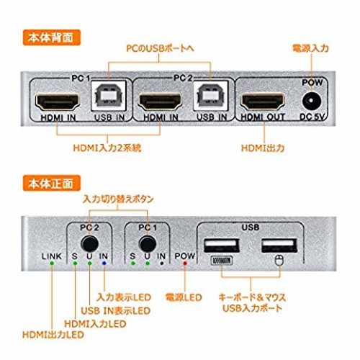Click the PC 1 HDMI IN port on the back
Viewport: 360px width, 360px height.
pyautogui.click(x=58, y=102)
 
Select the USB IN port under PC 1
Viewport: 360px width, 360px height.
pyautogui.click(x=109, y=96)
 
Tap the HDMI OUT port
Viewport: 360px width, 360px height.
pyautogui.click(x=264, y=102)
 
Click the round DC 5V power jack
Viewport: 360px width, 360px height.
pyautogui.click(x=312, y=101)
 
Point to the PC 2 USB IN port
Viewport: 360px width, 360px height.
pyautogui.click(x=210, y=96)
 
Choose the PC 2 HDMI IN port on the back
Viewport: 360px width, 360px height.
pyautogui.click(x=160, y=102)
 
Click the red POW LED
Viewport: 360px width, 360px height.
pyautogui.click(x=185, y=264)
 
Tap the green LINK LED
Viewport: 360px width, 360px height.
pyautogui.click(x=52, y=264)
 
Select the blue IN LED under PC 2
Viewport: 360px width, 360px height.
pyautogui.click(x=104, y=264)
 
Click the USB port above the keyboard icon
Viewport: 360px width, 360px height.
pyautogui.click(x=222, y=246)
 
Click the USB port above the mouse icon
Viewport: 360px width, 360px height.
pyautogui.click(x=279, y=246)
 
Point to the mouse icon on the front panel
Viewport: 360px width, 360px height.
pyautogui.click(x=279, y=261)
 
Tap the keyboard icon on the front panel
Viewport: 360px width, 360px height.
pyautogui.click(x=222, y=261)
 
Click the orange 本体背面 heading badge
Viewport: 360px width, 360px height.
pyautogui.click(x=52, y=37)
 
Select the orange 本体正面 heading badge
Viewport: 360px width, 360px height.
pyautogui.click(x=52, y=184)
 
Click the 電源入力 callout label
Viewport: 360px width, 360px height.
pyautogui.click(x=310, y=48)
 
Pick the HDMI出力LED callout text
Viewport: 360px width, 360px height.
pyautogui.click(x=53, y=335)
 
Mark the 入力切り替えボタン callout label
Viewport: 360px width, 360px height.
pyautogui.click(x=118, y=199)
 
